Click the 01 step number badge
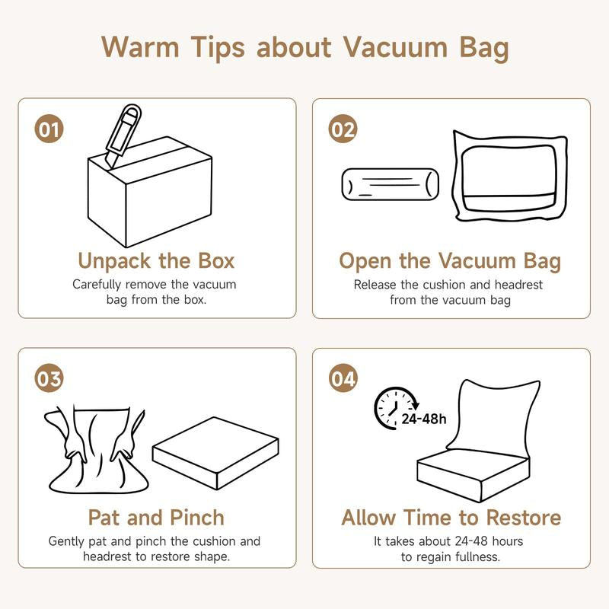[49, 129]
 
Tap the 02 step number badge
[343, 129]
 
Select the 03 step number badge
[49, 378]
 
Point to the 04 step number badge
[343, 378]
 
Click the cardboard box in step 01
[150, 193]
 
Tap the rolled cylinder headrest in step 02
[391, 184]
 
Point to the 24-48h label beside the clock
[424, 419]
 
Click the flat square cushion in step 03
[215, 453]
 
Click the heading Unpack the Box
[156, 260]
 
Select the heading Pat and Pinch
[156, 518]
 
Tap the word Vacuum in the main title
[396, 47]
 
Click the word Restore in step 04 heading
[524, 518]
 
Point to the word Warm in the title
[140, 47]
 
